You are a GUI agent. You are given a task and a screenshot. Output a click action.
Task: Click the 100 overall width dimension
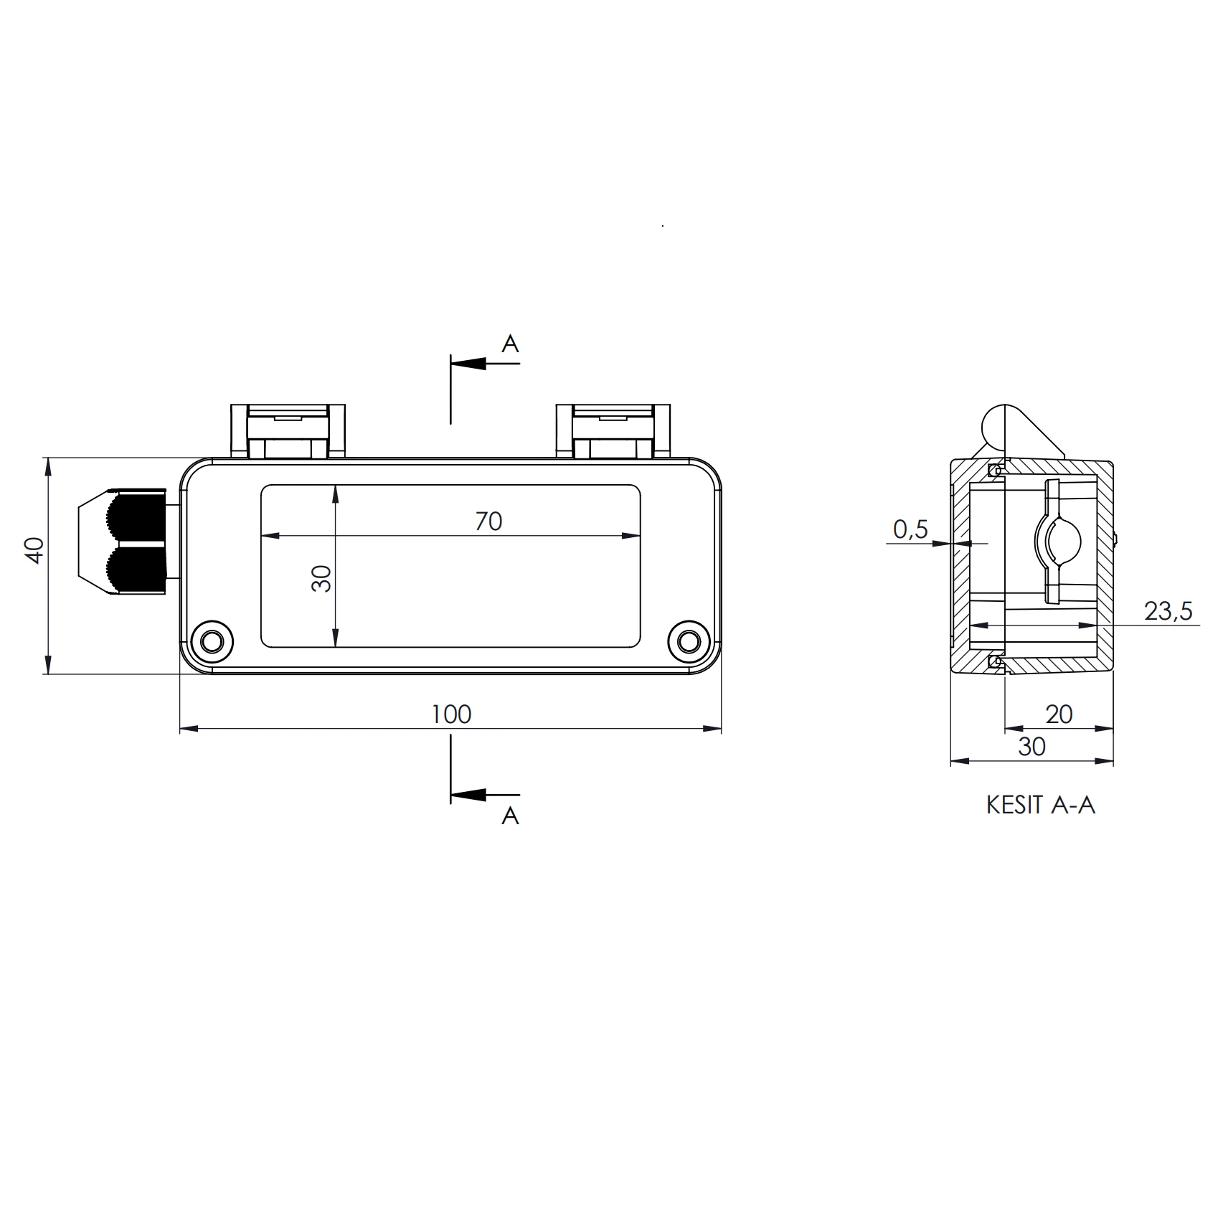451,714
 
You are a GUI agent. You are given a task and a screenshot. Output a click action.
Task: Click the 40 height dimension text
35,550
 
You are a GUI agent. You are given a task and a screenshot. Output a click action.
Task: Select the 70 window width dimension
488,521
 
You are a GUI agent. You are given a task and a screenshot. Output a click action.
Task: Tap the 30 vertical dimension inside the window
322,578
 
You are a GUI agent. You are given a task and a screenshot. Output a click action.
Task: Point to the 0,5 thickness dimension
910,529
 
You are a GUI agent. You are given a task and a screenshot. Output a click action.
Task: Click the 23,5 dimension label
1168,611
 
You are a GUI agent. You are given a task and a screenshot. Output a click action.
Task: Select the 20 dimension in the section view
1059,714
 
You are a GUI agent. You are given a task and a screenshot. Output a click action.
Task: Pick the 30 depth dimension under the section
1031,747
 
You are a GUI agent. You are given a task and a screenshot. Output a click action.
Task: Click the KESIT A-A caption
1040,805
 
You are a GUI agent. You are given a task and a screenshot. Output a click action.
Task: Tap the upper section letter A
510,344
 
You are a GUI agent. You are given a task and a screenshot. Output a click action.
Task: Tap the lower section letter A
510,816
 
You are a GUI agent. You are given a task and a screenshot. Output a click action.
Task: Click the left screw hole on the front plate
212,641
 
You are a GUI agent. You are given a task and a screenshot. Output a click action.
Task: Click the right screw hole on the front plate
689,641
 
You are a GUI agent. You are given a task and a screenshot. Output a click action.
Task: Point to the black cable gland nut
136,542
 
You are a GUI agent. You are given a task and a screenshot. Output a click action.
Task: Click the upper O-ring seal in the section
994,471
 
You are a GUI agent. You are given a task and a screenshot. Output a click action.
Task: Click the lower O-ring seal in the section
994,661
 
